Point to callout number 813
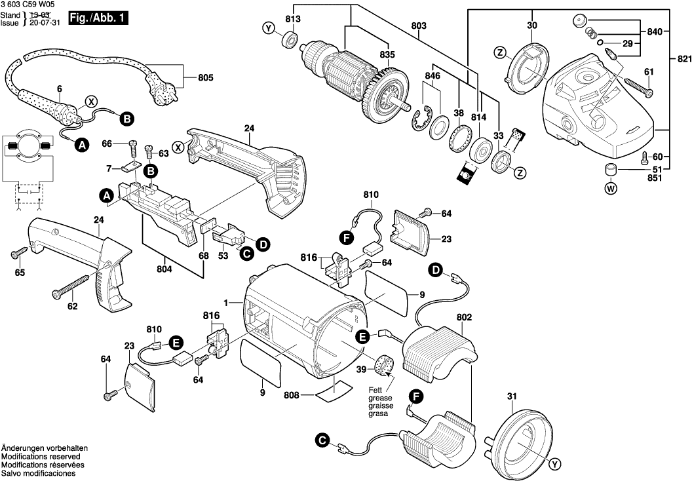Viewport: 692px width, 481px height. tap(292, 19)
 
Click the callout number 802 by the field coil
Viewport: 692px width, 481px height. tap(464, 317)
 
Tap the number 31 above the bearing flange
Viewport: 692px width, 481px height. tap(512, 395)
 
